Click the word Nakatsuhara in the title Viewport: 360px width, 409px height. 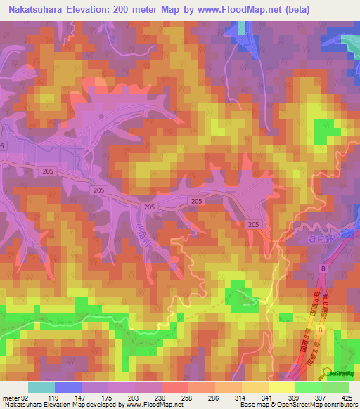35,9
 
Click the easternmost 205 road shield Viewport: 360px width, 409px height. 254,223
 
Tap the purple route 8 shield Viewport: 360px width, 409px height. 321,268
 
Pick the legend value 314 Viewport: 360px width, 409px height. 228,398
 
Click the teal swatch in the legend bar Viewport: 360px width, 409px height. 41,387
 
